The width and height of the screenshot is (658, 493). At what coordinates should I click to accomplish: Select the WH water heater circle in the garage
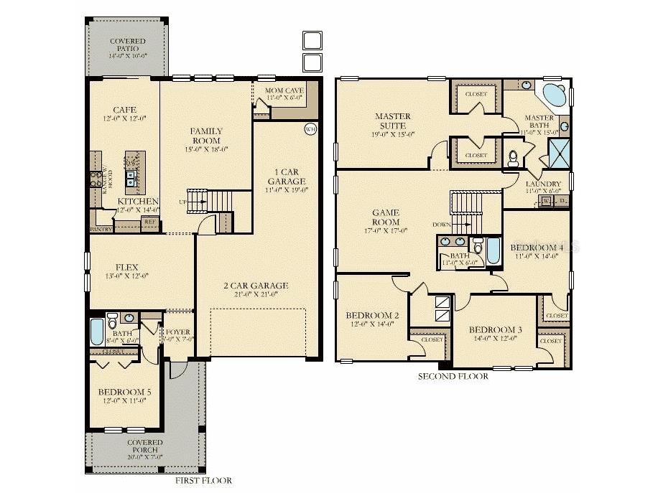tap(310, 129)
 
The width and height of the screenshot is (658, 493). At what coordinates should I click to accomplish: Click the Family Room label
tap(205, 136)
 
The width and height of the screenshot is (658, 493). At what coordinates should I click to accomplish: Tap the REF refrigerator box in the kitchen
tap(150, 222)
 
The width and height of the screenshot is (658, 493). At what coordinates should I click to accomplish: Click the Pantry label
tap(101, 229)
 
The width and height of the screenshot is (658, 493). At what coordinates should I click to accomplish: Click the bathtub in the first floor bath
tap(97, 332)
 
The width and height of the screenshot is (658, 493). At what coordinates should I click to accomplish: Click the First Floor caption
tap(203, 481)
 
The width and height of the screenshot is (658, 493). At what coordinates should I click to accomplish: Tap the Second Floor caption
tap(453, 376)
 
